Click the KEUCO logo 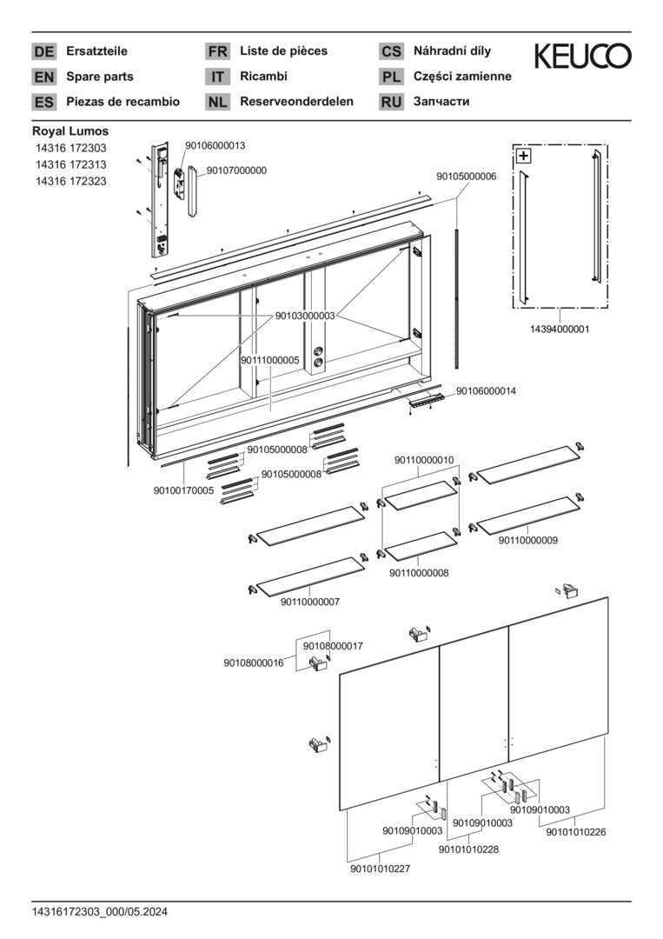pyautogui.click(x=582, y=57)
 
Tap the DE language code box pyautogui.click(x=43, y=51)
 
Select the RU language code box pyautogui.click(x=391, y=102)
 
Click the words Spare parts pyautogui.click(x=100, y=77)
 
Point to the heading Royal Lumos pyautogui.click(x=70, y=131)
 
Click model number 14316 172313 pyautogui.click(x=70, y=165)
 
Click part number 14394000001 pyautogui.click(x=560, y=330)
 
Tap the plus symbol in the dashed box pyautogui.click(x=523, y=156)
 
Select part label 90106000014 pyautogui.click(x=486, y=391)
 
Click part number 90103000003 pyautogui.click(x=305, y=316)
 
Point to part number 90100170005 pyautogui.click(x=183, y=490)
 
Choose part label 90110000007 pyautogui.click(x=310, y=602)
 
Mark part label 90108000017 pyautogui.click(x=333, y=646)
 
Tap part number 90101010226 pyautogui.click(x=575, y=832)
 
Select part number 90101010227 pyautogui.click(x=381, y=869)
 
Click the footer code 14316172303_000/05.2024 pyautogui.click(x=100, y=912)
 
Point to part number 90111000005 pyautogui.click(x=270, y=360)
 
